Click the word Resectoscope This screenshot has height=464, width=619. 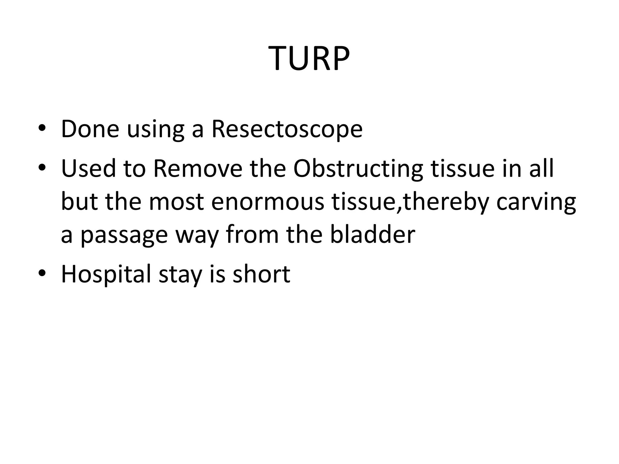287,129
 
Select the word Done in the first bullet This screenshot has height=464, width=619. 90,129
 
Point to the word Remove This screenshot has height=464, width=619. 198,168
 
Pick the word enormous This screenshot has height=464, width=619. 267,202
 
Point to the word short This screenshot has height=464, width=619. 261,274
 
